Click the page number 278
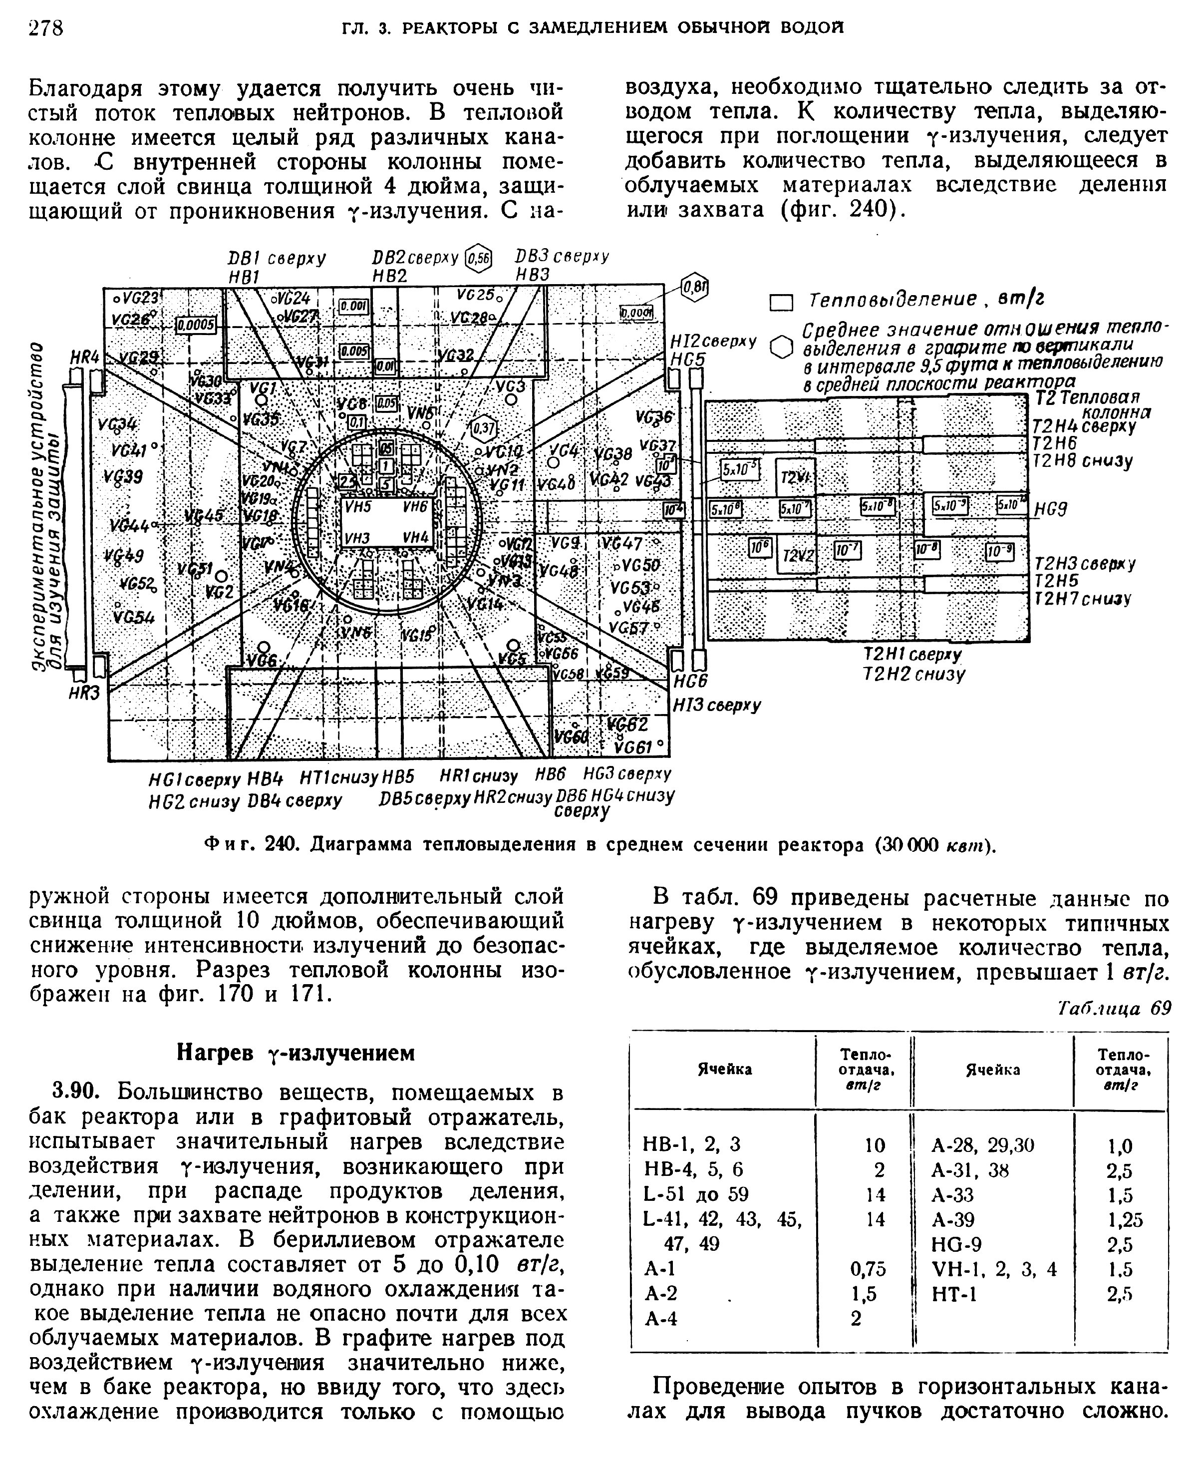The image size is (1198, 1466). coord(45,27)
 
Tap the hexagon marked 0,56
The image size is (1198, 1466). coord(478,258)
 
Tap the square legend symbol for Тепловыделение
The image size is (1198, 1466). coord(781,302)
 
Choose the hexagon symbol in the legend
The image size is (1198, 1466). coord(781,347)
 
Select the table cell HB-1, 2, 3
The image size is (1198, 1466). coord(691,1144)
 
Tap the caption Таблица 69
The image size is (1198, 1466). coord(1115,1009)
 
